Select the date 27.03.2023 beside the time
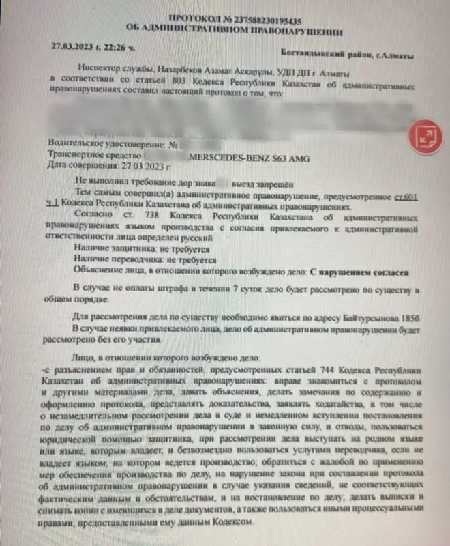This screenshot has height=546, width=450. (x=74, y=48)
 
